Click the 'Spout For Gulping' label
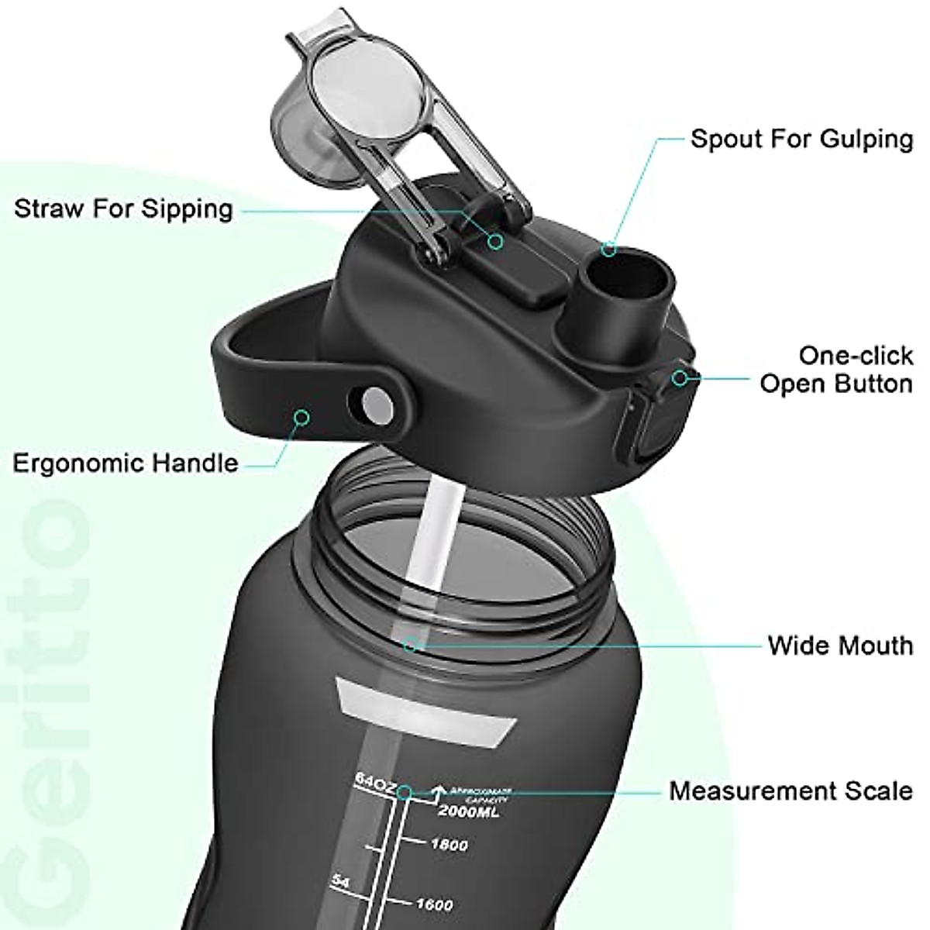[801, 139]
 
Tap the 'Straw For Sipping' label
[123, 208]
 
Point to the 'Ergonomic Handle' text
[126, 463]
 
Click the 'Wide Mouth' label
[840, 645]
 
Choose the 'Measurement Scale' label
[790, 790]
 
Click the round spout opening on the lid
[628, 267]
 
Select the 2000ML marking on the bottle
[469, 811]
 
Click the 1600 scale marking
[434, 904]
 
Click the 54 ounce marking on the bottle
[341, 881]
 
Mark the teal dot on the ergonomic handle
[302, 418]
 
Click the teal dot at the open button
[680, 378]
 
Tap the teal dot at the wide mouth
[411, 644]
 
